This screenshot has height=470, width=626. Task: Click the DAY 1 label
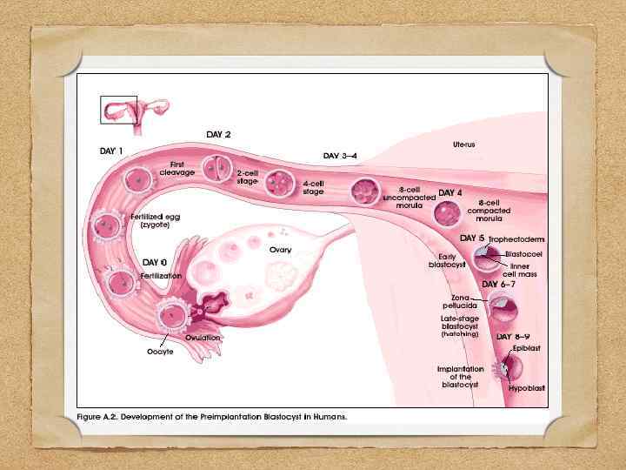[x=109, y=150]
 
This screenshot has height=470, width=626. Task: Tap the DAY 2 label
[x=218, y=134]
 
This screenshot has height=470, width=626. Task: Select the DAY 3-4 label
[x=340, y=156]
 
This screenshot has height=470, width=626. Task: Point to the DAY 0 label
[x=155, y=262]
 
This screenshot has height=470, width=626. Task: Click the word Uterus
[x=463, y=143]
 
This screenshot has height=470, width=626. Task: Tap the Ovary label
[x=280, y=250]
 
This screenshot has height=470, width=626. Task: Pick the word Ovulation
[x=203, y=337]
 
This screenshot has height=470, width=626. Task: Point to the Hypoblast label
[x=527, y=387]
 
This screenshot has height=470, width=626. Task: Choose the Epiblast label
[x=528, y=347]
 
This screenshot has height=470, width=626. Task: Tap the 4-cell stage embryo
[x=280, y=184]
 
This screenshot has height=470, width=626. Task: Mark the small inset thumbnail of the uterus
[x=119, y=111]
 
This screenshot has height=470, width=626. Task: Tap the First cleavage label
[x=177, y=168]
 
